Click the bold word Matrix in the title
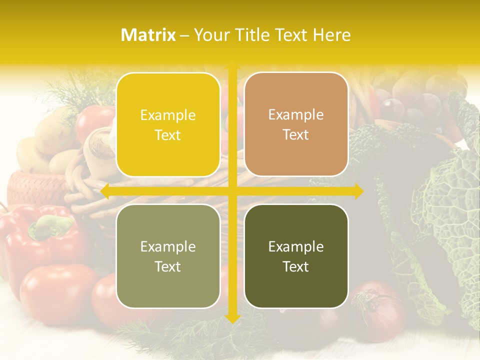point(148,35)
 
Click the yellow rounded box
point(168,124)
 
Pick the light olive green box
point(168,256)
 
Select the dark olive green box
point(296,256)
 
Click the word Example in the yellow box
point(168,115)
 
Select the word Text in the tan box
point(296,134)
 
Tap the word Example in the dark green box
point(296,246)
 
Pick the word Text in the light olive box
point(168,266)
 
